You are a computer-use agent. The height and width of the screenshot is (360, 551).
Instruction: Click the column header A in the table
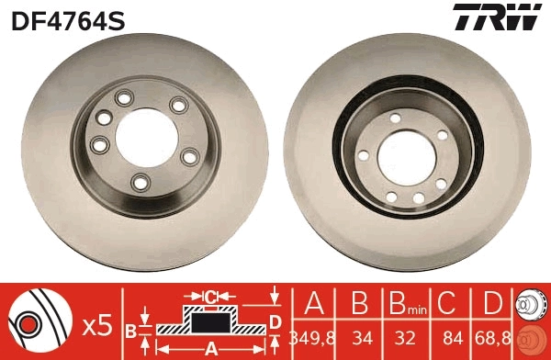pyautogui.click(x=313, y=303)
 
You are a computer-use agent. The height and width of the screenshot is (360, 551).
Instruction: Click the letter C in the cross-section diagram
pyautogui.click(x=210, y=297)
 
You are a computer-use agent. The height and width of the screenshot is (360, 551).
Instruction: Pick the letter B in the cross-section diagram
pyautogui.click(x=130, y=329)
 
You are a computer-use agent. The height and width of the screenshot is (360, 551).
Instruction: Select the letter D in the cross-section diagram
pyautogui.click(x=275, y=320)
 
